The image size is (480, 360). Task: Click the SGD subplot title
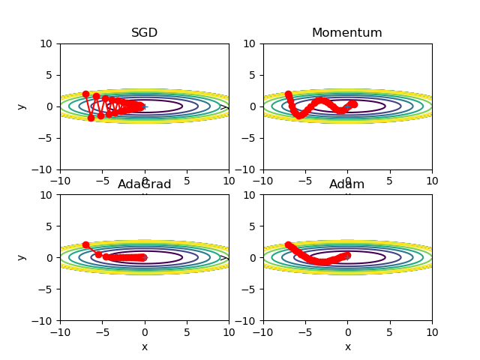pyautogui.click(x=145, y=33)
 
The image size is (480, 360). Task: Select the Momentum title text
pyautogui.click(x=347, y=33)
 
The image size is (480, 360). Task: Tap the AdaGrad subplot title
pyautogui.click(x=145, y=184)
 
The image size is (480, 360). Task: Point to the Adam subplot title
pyautogui.click(x=347, y=184)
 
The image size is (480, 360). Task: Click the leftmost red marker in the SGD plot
pyautogui.click(x=85, y=94)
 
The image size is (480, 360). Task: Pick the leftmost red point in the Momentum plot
pyautogui.click(x=288, y=94)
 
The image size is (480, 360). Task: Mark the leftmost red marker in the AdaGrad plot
pyautogui.click(x=85, y=245)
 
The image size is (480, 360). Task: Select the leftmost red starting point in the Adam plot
pyautogui.click(x=288, y=245)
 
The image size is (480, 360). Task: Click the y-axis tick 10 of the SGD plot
pyautogui.click(x=47, y=43)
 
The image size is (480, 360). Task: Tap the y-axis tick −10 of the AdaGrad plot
pyautogui.click(x=43, y=321)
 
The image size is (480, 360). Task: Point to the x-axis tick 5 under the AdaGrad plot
pyautogui.click(x=187, y=331)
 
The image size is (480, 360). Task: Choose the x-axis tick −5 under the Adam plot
pyautogui.click(x=305, y=331)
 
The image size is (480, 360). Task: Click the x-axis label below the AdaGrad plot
pyautogui.click(x=145, y=346)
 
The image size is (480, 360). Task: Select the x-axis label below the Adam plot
pyautogui.click(x=347, y=346)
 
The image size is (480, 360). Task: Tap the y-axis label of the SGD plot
pyautogui.click(x=21, y=106)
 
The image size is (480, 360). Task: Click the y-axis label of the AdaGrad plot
pyautogui.click(x=21, y=257)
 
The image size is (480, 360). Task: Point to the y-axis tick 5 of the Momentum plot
pyautogui.click(x=253, y=75)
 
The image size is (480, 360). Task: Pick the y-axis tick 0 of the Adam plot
pyautogui.click(x=253, y=258)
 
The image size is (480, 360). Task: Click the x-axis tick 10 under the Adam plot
pyautogui.click(x=432, y=331)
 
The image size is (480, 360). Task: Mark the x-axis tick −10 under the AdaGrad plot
pyautogui.click(x=60, y=331)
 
